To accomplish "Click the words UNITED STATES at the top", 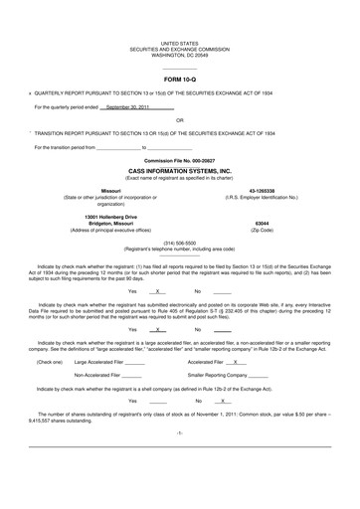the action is click(180, 45).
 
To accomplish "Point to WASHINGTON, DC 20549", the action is click(180, 56).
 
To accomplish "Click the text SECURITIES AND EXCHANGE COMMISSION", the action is click(180, 50).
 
